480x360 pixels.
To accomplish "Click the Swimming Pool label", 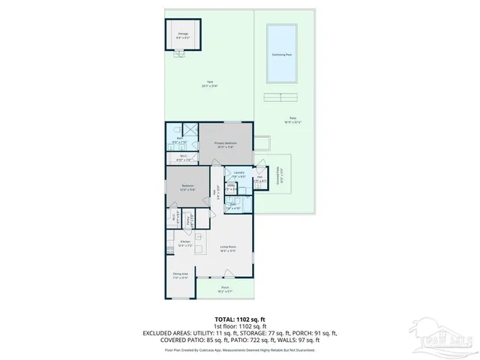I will point(282,55).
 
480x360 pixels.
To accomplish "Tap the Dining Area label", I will point(180,276).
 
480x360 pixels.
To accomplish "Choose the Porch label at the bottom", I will point(225,289).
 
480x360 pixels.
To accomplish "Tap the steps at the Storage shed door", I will point(179,53).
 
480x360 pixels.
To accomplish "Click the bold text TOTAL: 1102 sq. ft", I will point(239,319).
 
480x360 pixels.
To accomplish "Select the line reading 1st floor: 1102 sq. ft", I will point(239,325).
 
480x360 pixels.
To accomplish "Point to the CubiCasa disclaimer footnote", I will point(239,349).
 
